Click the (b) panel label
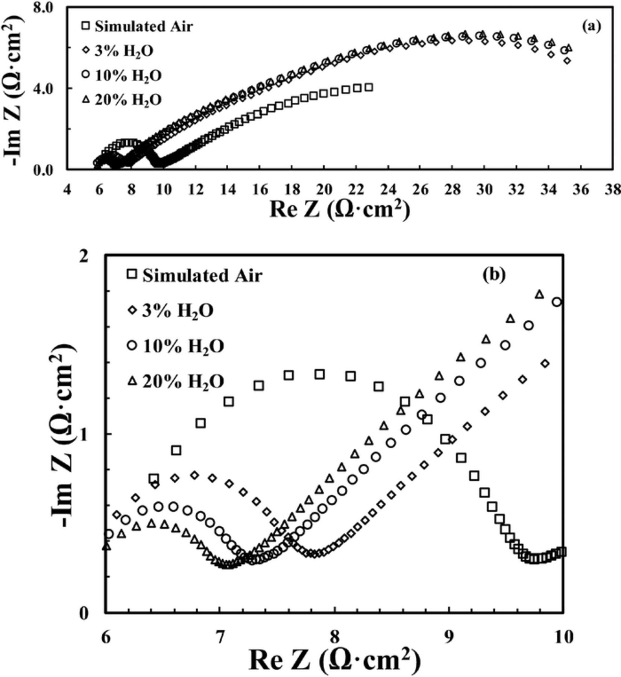(494, 275)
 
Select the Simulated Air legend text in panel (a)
(144, 26)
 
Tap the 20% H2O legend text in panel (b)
(183, 381)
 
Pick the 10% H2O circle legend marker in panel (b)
(132, 346)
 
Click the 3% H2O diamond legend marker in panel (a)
(86, 51)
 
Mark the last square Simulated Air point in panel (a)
(369, 87)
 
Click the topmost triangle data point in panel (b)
(539, 294)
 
